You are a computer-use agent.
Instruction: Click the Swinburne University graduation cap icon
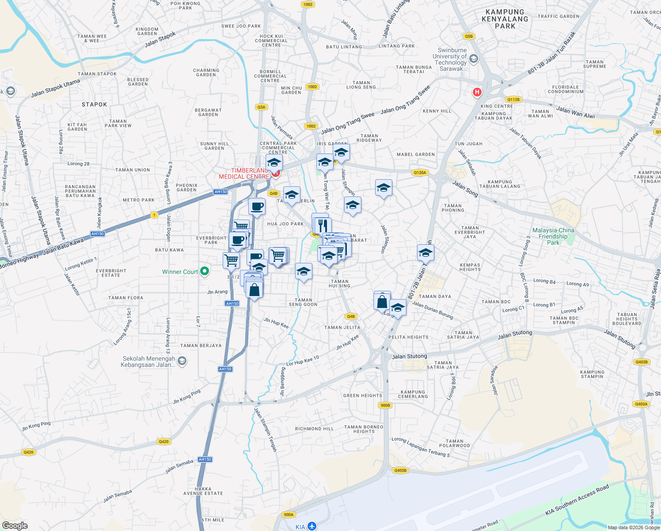point(474,59)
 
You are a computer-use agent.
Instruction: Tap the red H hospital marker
point(477,92)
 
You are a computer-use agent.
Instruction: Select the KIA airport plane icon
point(312,526)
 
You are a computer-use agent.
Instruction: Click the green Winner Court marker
point(205,271)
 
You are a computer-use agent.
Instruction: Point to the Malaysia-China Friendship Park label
point(553,236)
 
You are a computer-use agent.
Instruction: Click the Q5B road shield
point(469,36)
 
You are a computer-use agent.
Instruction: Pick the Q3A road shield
point(261,107)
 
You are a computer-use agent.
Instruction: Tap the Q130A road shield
point(420,173)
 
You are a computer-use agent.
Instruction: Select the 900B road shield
point(385,405)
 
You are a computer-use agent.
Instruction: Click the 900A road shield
point(289,515)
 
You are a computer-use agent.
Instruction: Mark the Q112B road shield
point(513,100)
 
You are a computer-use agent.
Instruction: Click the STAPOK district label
point(95,104)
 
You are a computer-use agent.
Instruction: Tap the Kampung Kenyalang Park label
point(505,19)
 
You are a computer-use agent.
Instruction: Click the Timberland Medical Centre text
point(244,173)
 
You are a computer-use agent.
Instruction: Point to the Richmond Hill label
point(315,429)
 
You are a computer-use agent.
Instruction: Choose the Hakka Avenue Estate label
point(203,491)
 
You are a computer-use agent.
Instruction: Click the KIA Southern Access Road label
point(577,500)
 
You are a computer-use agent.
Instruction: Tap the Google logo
point(15,526)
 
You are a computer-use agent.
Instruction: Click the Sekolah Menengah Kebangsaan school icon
point(182,362)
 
